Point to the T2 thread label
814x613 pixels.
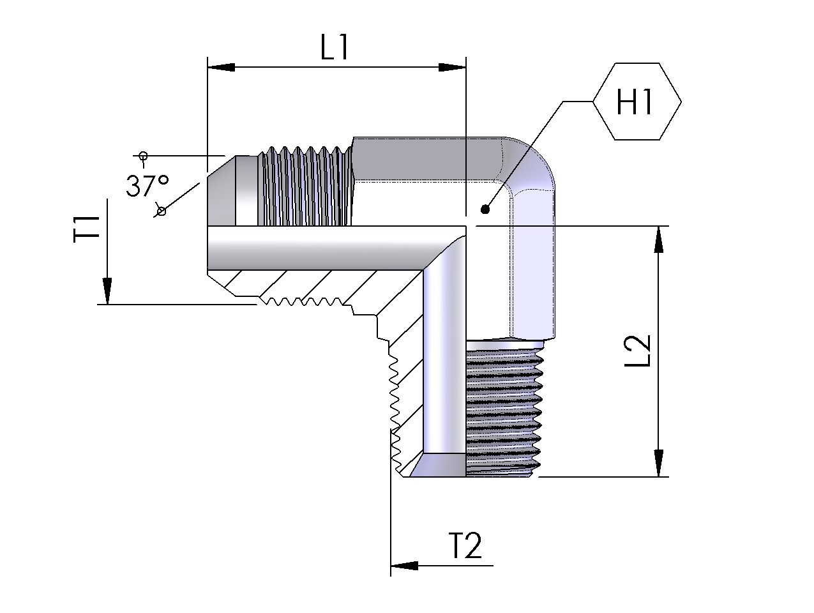[465, 547]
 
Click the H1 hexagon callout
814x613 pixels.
[637, 102]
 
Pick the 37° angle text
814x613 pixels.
[147, 186]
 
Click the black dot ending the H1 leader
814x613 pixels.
[485, 208]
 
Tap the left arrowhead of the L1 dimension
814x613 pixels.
[221, 67]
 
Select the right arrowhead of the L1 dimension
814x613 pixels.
[453, 67]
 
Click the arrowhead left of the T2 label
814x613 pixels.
[404, 566]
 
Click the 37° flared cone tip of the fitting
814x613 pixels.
[220, 191]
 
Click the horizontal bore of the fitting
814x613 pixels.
[319, 247]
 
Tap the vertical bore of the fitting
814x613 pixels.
[444, 358]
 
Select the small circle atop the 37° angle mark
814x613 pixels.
[143, 155]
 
